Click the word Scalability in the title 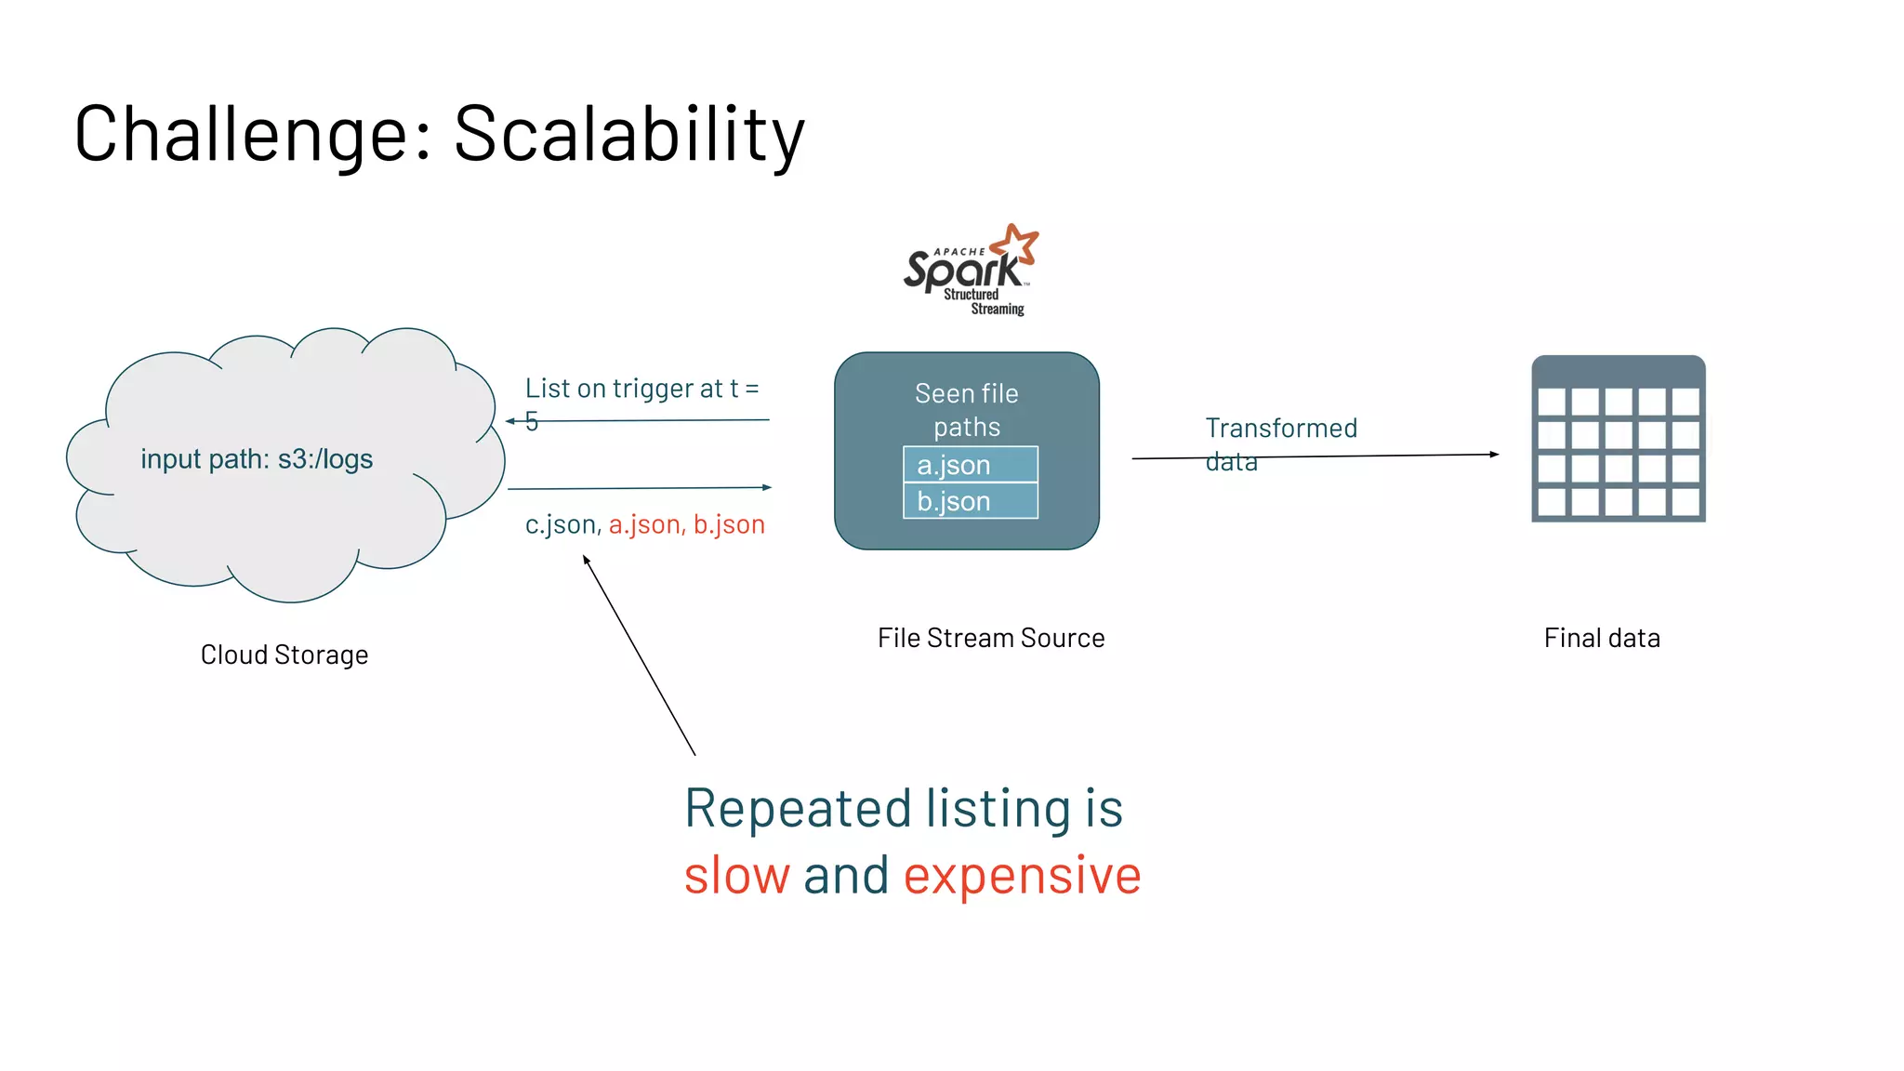click(628, 135)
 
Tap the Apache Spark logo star click(1015, 244)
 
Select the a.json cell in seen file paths click(970, 465)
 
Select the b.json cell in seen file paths click(970, 501)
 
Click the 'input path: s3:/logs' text click(257, 459)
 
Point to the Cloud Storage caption click(284, 654)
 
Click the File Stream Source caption click(991, 638)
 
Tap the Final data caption click(1602, 638)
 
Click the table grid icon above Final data click(1618, 439)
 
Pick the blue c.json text click(562, 524)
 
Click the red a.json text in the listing click(646, 524)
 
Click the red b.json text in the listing click(729, 524)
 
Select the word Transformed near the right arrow click(1281, 428)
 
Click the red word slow click(736, 876)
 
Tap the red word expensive click(1022, 876)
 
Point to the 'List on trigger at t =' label click(641, 389)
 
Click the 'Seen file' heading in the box click(966, 393)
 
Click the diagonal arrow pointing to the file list click(640, 655)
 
